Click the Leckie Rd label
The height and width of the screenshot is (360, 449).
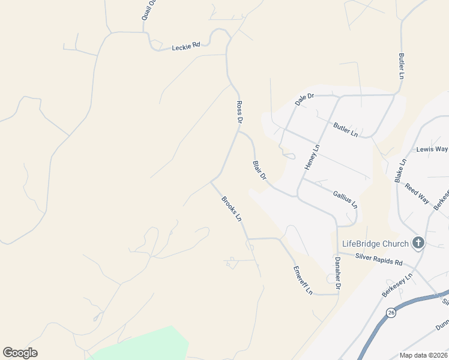(x=185, y=46)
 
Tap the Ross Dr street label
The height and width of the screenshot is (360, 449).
(x=239, y=112)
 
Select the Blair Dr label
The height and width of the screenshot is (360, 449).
(x=259, y=170)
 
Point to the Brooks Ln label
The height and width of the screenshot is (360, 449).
(x=231, y=209)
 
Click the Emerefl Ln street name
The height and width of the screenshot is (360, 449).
(x=303, y=280)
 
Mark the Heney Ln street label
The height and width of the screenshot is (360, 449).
(x=312, y=157)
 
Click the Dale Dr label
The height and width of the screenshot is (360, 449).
(x=305, y=99)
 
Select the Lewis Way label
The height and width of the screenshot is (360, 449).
(x=432, y=149)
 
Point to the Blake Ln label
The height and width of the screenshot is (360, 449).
(x=400, y=170)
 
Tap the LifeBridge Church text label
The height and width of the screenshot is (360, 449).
(x=375, y=244)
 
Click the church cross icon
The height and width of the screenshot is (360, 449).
(x=418, y=243)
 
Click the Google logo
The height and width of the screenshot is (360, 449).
(x=20, y=353)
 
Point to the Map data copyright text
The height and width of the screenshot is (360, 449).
(x=423, y=355)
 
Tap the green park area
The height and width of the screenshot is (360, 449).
(x=144, y=347)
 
